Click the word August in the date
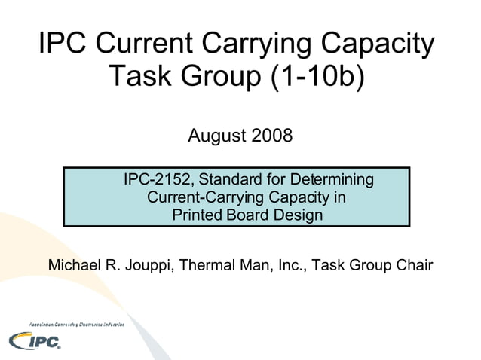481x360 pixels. (215, 136)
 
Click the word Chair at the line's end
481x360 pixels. (414, 266)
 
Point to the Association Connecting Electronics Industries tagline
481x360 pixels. (76, 323)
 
